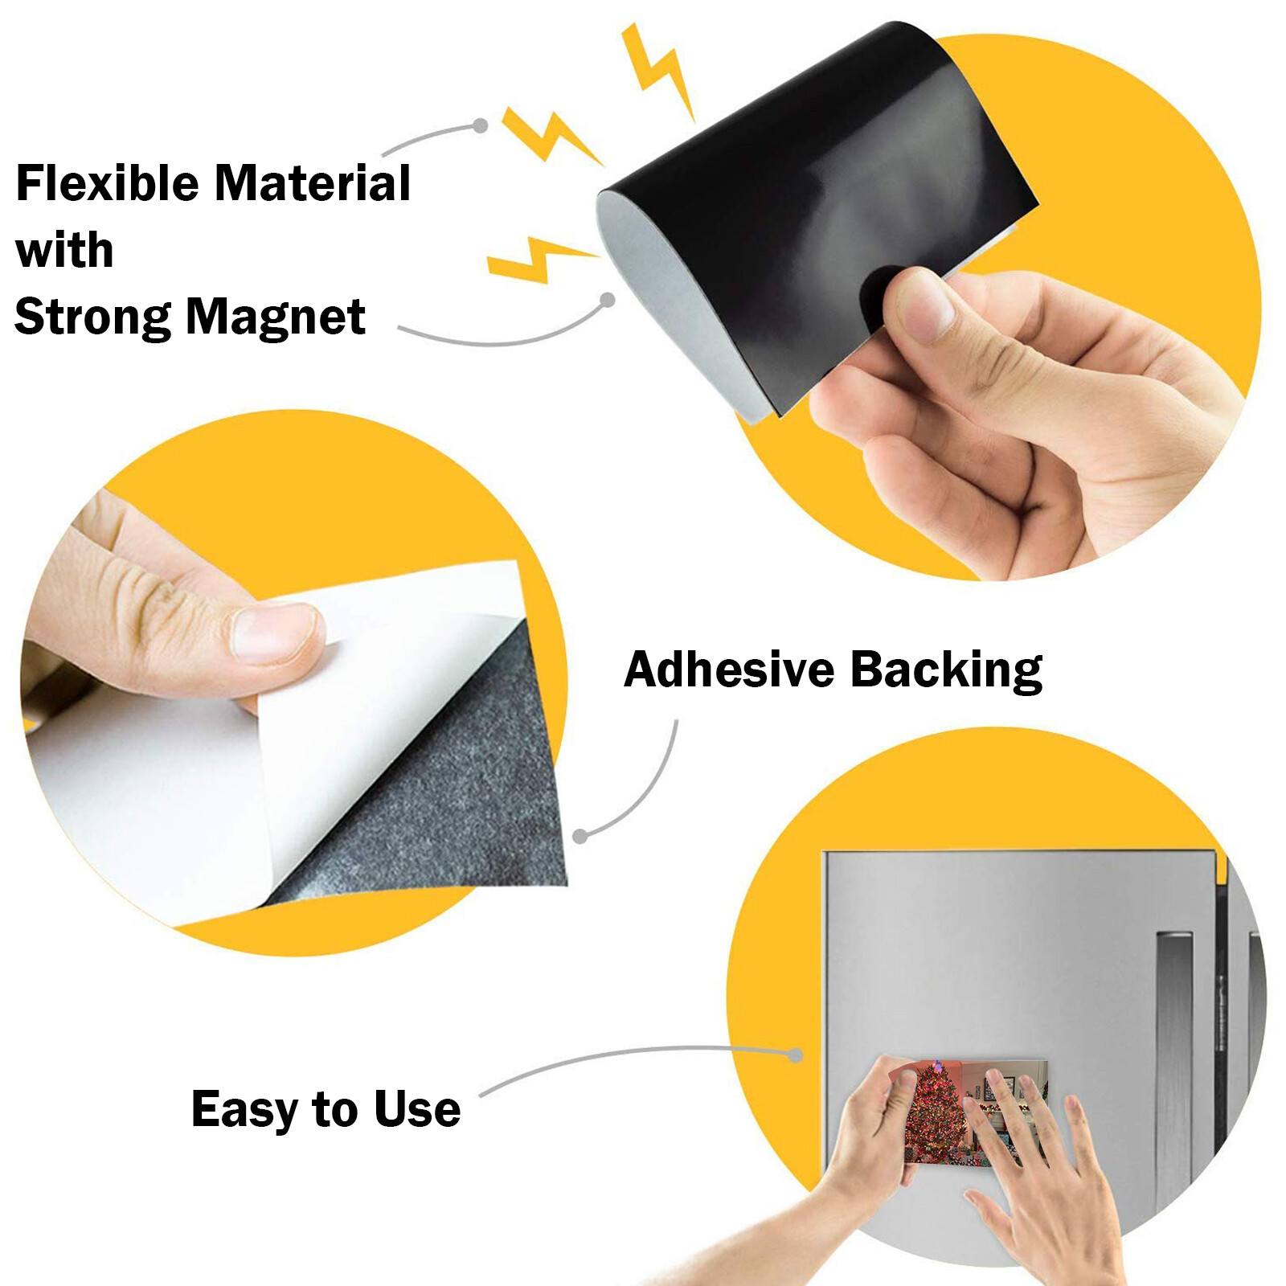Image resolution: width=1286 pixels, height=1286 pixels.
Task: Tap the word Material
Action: [313, 183]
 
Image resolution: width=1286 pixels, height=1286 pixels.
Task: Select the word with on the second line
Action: [64, 250]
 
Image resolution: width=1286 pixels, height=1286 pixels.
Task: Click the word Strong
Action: [92, 317]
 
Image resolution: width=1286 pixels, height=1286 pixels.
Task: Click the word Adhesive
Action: [729, 670]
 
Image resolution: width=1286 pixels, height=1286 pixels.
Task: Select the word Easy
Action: [244, 1110]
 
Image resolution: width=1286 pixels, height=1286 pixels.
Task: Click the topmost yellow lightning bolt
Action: [657, 68]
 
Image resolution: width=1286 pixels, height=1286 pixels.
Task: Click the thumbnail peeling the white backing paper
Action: [274, 634]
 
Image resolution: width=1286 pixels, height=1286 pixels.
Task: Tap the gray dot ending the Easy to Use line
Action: [795, 1055]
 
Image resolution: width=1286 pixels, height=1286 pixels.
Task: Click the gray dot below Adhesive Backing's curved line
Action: [580, 837]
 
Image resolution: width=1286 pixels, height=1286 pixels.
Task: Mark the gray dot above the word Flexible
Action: [480, 125]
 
